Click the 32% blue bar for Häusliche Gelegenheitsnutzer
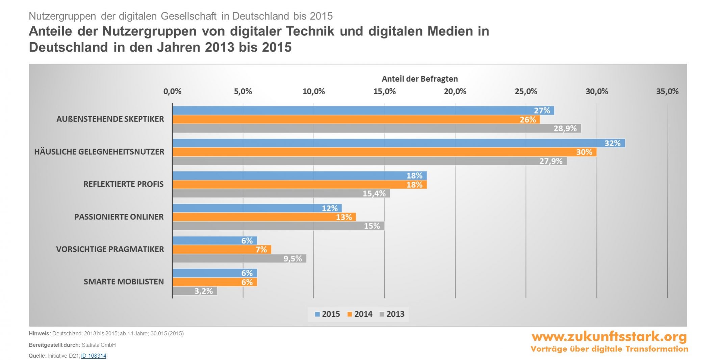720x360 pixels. [x=398, y=143]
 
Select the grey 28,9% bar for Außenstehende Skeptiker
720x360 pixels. [x=377, y=128]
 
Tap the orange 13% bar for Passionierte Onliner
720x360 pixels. [x=264, y=217]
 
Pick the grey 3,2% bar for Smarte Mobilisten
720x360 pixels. [x=195, y=291]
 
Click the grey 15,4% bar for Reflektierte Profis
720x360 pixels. [x=281, y=194]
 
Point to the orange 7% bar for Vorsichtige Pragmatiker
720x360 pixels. [x=222, y=250]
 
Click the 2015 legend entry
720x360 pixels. [x=327, y=314]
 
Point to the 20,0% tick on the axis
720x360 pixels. [x=455, y=92]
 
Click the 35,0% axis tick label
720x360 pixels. [x=667, y=92]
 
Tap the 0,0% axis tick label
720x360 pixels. [x=172, y=92]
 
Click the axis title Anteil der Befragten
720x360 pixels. [x=419, y=79]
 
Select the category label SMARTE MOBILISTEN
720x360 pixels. [x=124, y=282]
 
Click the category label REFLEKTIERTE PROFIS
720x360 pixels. [x=124, y=184]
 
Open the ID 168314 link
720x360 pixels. [x=94, y=356]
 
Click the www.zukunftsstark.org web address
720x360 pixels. [x=609, y=337]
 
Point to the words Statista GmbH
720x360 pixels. [x=99, y=345]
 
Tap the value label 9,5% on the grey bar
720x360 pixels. [x=292, y=259]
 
